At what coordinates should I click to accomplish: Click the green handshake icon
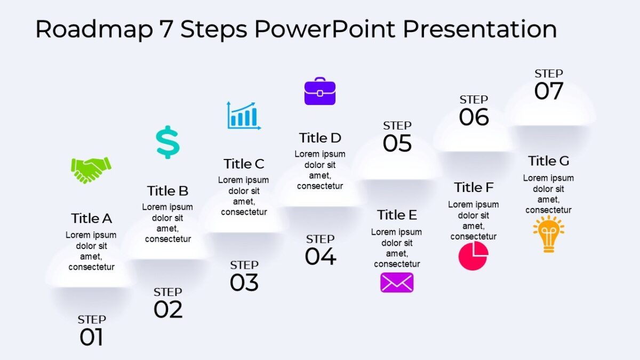pyautogui.click(x=91, y=170)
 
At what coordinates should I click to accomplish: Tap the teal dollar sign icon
pyautogui.click(x=167, y=142)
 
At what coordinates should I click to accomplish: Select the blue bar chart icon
pyautogui.click(x=244, y=115)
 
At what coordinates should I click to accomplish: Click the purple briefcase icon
pyautogui.click(x=320, y=91)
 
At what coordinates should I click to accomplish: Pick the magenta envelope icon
pyautogui.click(x=397, y=283)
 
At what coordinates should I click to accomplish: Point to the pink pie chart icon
pyautogui.click(x=473, y=255)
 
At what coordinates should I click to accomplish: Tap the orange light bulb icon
pyautogui.click(x=548, y=234)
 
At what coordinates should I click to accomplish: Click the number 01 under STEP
pyautogui.click(x=91, y=338)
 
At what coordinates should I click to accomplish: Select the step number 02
pyautogui.click(x=168, y=310)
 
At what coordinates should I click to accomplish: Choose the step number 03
pyautogui.click(x=244, y=283)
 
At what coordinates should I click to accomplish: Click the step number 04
pyautogui.click(x=321, y=257)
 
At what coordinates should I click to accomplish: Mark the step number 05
pyautogui.click(x=397, y=143)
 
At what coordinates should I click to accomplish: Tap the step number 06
pyautogui.click(x=474, y=117)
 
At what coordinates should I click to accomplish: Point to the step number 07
pyautogui.click(x=549, y=91)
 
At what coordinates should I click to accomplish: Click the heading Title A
pyautogui.click(x=91, y=218)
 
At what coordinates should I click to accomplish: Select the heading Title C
pyautogui.click(x=244, y=164)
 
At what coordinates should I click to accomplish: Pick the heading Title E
pyautogui.click(x=397, y=215)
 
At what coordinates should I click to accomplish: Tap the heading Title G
pyautogui.click(x=548, y=161)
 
